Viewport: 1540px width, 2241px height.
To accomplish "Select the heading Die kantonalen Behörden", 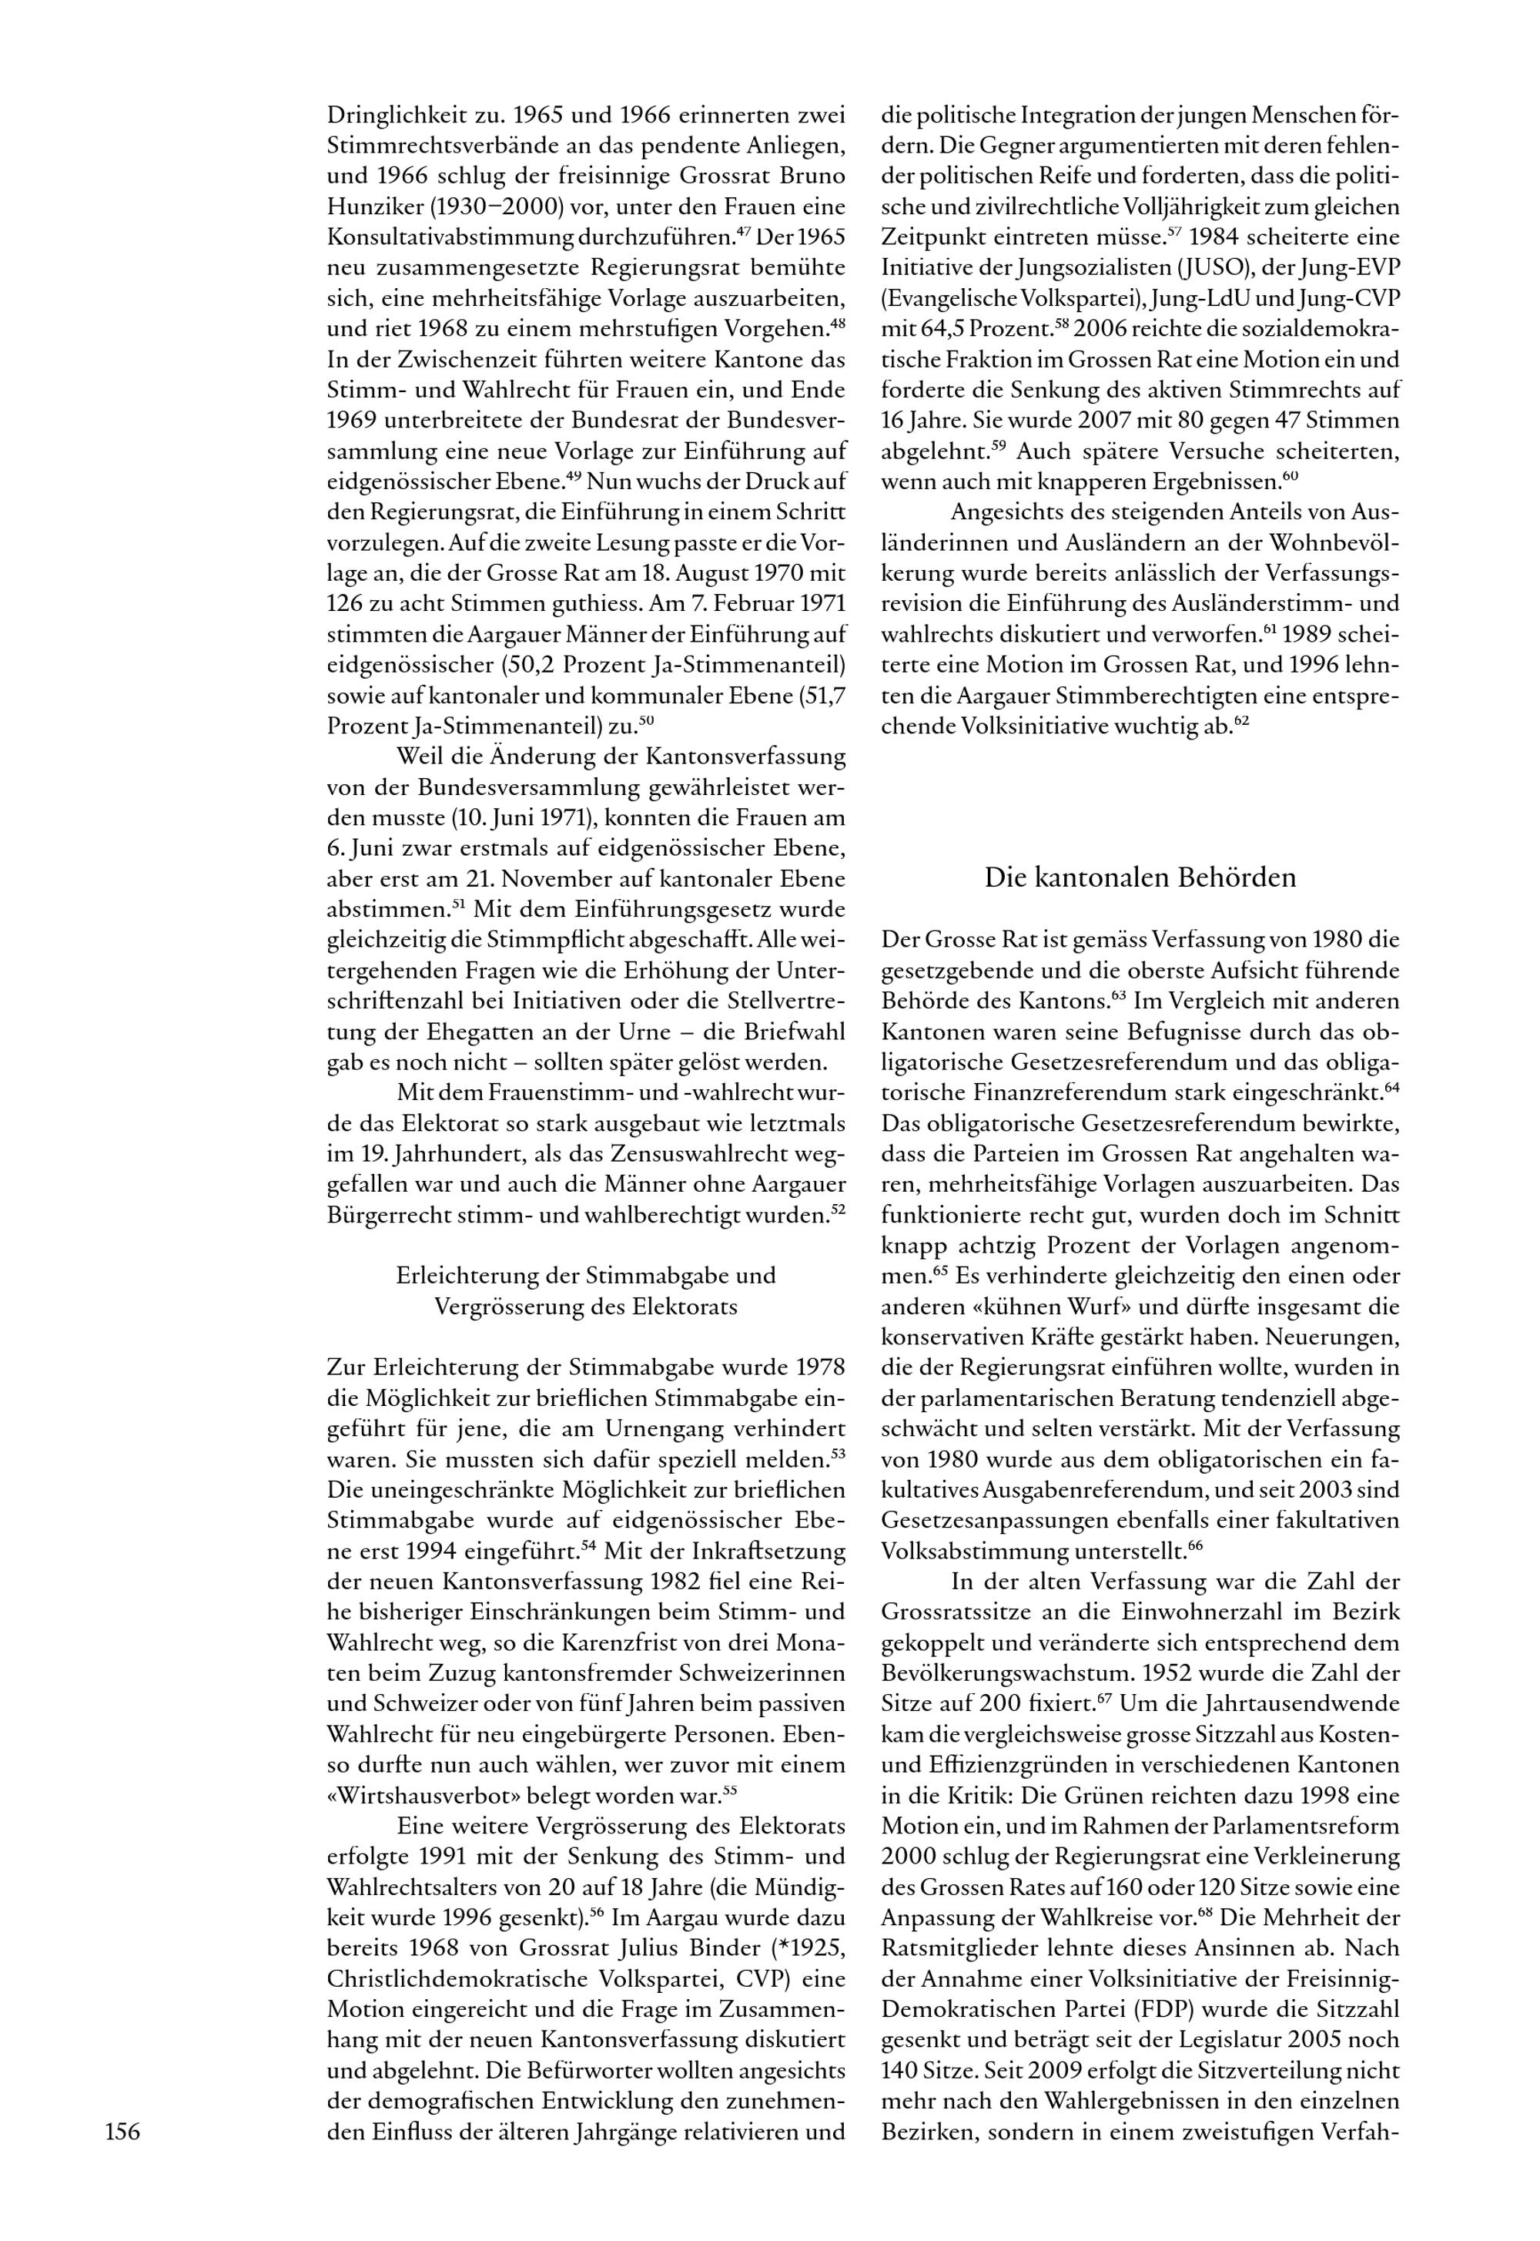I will tap(1140, 877).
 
